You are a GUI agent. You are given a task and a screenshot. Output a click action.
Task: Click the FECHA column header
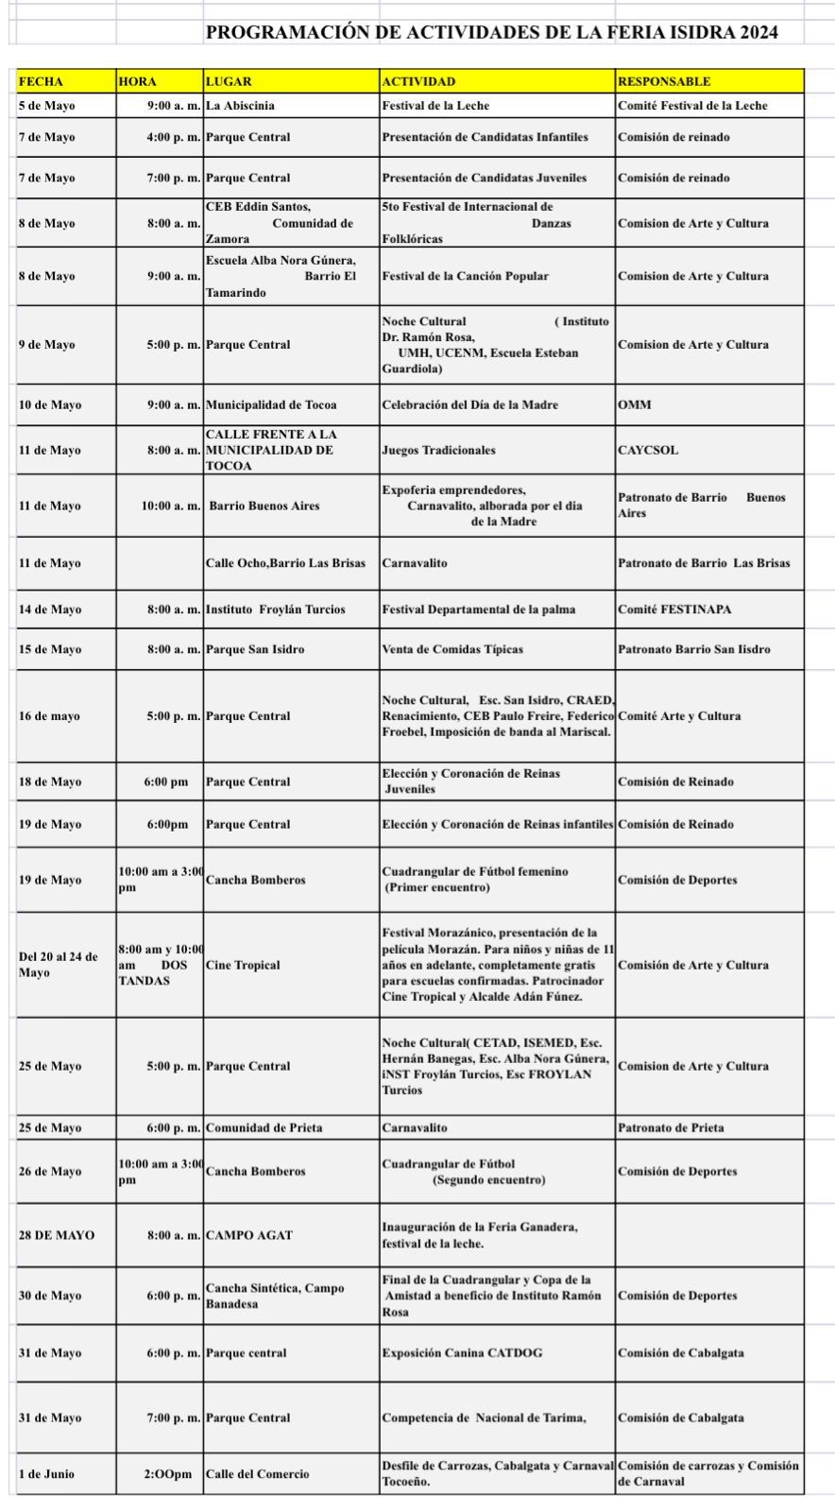point(41,81)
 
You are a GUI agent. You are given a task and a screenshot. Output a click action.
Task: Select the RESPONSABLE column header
point(664,81)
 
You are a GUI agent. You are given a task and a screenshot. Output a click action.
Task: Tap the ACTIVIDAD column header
point(418,81)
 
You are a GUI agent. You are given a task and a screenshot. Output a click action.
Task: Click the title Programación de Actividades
point(491,32)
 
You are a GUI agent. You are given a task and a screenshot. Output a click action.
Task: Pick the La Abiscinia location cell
point(241,106)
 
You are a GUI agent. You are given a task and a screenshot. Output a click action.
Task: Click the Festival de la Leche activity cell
point(435,106)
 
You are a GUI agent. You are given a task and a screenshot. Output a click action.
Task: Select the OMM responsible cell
point(635,404)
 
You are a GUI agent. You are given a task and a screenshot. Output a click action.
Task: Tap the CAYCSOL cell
point(648,450)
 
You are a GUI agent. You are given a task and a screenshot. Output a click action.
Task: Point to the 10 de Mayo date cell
point(50,404)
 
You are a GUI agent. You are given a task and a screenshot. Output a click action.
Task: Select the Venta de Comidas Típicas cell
point(452,649)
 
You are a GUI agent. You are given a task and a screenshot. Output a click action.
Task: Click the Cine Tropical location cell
point(243,965)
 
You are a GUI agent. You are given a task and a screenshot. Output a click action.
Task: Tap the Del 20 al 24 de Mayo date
point(59,965)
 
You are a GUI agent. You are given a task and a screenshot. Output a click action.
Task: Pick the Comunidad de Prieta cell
point(264,1127)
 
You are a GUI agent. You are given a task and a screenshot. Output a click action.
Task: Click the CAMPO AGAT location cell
point(249,1235)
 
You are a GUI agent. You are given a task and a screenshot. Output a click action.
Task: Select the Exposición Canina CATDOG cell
point(462,1353)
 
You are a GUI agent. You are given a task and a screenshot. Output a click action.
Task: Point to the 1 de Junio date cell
point(46,1474)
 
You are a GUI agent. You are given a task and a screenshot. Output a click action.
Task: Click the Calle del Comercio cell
point(257,1474)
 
